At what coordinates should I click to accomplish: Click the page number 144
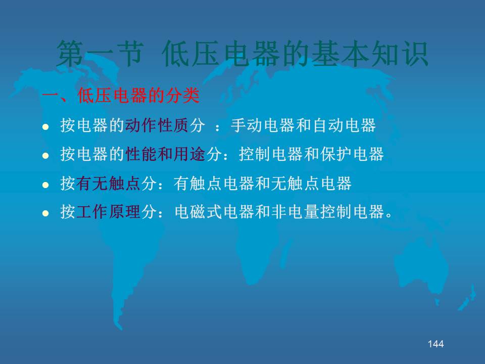tap(435, 344)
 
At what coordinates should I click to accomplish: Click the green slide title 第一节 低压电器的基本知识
tap(242, 53)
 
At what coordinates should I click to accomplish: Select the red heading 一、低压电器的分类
tap(121, 95)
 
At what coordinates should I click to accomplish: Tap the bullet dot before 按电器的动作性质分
tap(45, 126)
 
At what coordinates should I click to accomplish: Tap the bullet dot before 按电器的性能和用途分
tap(45, 155)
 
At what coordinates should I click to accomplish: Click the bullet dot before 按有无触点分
tap(45, 185)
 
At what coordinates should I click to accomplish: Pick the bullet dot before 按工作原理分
tap(45, 213)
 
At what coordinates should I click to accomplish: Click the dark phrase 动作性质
tap(156, 125)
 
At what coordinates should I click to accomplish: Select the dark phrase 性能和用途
tap(166, 154)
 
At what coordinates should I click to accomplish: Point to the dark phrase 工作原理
tap(108, 212)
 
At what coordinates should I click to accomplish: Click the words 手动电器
tap(263, 125)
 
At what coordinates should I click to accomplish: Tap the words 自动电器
tap(344, 125)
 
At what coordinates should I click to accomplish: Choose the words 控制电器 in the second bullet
tap(271, 154)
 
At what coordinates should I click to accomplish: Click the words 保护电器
tap(352, 154)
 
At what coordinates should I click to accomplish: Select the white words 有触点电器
tap(214, 183)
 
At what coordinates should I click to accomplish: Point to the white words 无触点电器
tap(311, 183)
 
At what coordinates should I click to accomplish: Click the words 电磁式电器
tap(214, 212)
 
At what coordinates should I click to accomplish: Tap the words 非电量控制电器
tap(327, 212)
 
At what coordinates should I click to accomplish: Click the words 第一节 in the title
tap(100, 53)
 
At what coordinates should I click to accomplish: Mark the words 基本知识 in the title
tap(370, 53)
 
